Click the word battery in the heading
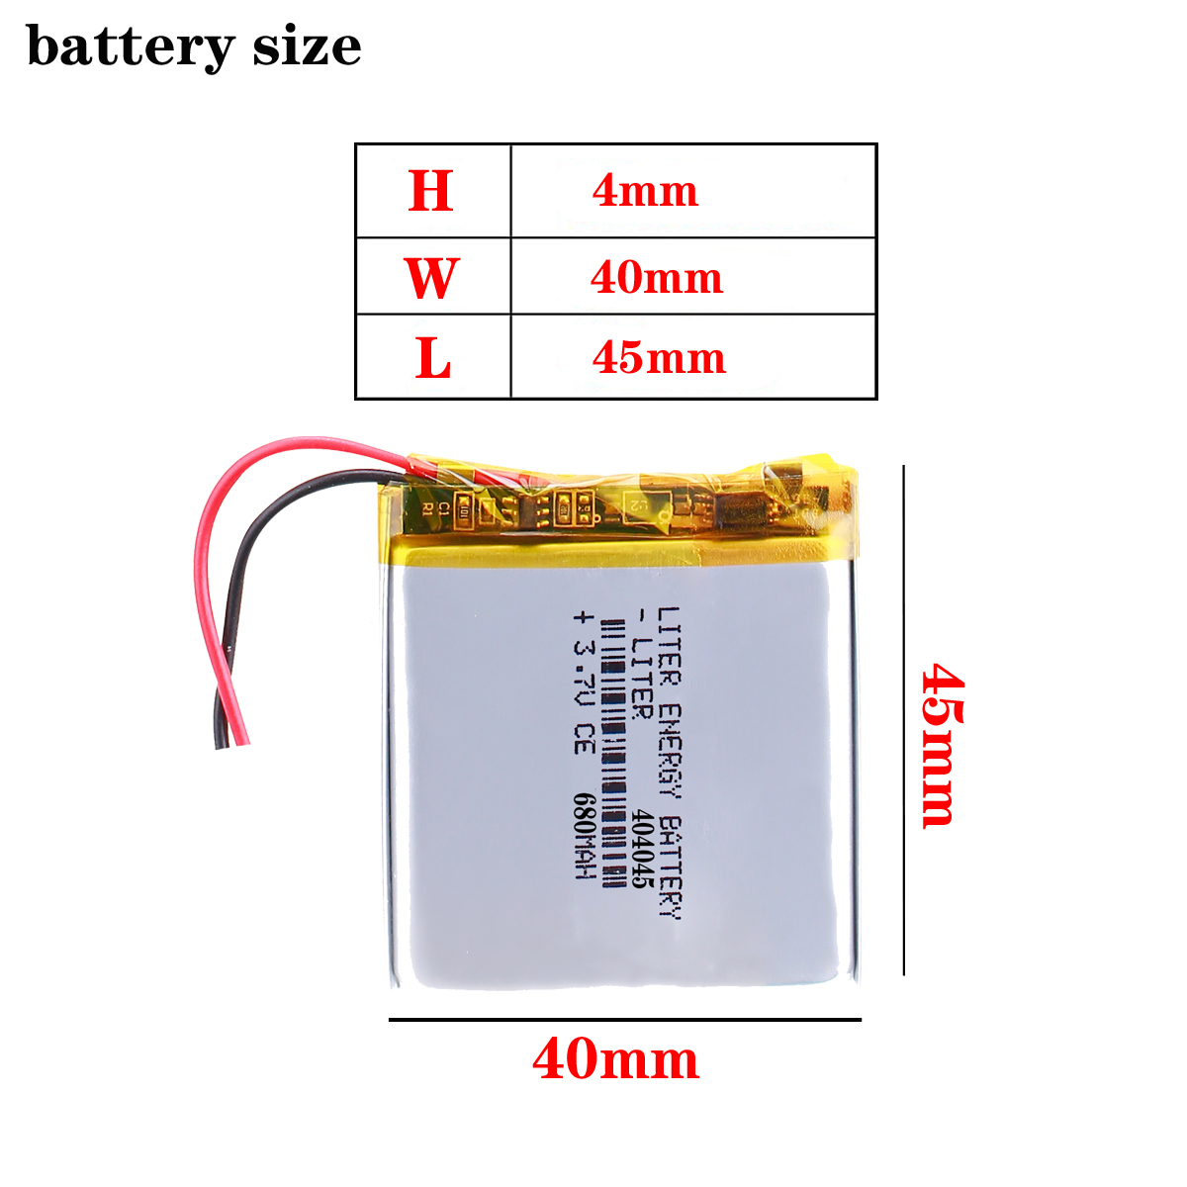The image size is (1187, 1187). coord(131,46)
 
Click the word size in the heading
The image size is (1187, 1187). coord(307,46)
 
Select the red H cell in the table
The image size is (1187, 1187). coord(431,191)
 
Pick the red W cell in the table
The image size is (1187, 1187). coord(431,278)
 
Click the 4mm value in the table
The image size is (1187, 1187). coord(645,191)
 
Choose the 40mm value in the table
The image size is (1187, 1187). coord(657,278)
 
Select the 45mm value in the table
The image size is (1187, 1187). coord(659,358)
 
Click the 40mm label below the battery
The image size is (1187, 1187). coord(615,1059)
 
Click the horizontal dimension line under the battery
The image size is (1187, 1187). coord(624,1019)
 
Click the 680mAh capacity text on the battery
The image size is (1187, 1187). coord(584,837)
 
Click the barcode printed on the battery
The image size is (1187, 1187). coord(613,752)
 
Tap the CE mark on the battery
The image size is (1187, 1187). coord(584,742)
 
